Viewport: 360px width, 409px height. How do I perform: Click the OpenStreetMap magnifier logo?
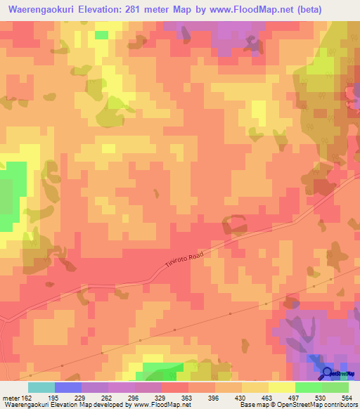coord(328,372)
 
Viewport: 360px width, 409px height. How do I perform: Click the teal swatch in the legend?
coord(41,387)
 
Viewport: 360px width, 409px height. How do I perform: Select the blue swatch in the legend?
coord(68,387)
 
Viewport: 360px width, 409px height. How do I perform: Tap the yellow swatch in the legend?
coord(282,387)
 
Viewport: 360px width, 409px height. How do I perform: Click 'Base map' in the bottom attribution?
coord(251,405)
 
